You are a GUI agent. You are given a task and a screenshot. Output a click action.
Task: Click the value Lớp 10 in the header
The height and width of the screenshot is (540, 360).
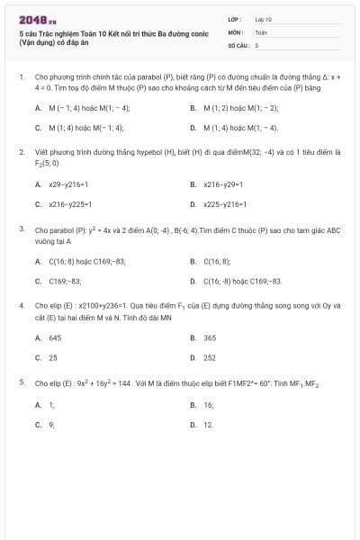(x=264, y=19)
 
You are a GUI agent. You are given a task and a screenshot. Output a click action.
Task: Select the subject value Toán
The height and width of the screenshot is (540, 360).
(x=261, y=31)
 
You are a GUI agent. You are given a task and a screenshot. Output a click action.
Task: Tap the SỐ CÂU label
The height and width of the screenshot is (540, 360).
(x=237, y=44)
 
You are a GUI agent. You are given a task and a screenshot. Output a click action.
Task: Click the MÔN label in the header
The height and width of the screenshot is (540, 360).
(x=235, y=31)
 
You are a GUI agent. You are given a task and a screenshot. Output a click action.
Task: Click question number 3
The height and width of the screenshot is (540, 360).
(x=21, y=229)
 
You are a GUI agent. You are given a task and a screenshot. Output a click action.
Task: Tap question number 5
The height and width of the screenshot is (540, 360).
(x=21, y=382)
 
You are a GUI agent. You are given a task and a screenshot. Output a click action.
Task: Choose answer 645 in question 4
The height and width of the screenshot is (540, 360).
(x=55, y=338)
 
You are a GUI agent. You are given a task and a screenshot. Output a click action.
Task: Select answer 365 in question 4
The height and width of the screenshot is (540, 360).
(x=210, y=338)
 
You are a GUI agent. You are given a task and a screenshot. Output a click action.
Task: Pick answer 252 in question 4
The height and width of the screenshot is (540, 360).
(x=210, y=357)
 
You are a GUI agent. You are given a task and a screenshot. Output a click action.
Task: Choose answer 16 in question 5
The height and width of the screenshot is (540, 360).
(x=208, y=405)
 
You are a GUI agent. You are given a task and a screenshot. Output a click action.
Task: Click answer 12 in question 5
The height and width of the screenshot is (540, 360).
(x=208, y=424)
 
